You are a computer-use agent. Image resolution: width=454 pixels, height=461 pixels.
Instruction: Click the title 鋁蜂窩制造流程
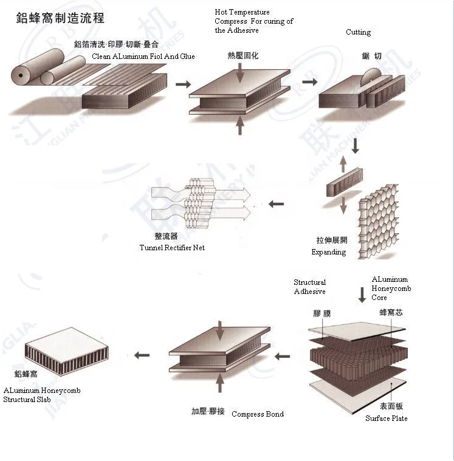60,18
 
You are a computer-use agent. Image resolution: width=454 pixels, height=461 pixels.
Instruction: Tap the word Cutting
358,32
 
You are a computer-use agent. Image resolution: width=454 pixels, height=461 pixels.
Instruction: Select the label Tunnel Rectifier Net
172,247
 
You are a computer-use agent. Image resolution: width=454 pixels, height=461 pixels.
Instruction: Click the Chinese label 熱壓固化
242,56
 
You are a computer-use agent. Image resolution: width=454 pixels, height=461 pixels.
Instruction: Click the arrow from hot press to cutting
310,81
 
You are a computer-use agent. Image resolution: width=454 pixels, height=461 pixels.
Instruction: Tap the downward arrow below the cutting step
356,146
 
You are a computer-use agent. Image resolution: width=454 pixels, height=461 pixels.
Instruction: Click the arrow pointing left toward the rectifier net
276,204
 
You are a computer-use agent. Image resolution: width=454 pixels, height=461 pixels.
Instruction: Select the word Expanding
328,252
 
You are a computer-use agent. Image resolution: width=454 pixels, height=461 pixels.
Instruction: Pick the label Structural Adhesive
310,287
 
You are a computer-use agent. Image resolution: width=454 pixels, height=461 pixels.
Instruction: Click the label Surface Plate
386,418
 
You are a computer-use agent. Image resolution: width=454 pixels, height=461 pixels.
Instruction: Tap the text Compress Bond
257,414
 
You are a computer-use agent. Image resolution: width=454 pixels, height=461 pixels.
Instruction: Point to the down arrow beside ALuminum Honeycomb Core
362,295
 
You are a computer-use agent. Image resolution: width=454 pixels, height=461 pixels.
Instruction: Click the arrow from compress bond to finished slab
142,355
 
